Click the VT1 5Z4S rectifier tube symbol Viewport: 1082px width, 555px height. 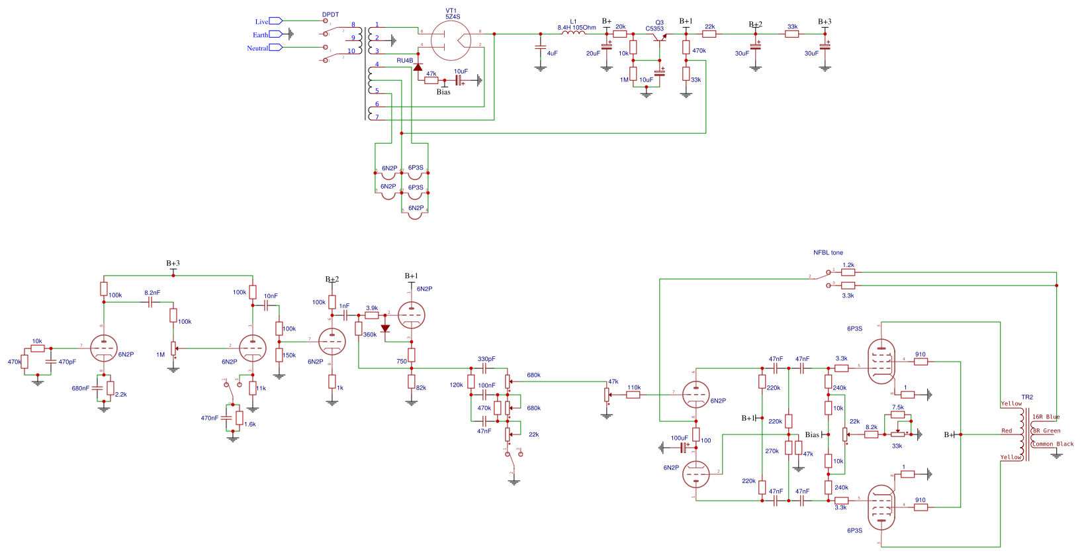pos(451,40)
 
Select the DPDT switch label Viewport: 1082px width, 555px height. pos(330,15)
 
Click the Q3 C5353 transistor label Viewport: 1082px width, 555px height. pos(655,26)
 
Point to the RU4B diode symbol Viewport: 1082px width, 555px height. pos(418,68)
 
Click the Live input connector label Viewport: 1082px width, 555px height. pos(262,22)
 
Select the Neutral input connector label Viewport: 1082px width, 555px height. pos(257,48)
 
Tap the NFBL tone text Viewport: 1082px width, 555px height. pos(828,252)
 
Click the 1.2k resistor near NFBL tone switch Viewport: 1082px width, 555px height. pos(848,272)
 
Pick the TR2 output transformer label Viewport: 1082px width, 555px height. pos(1027,397)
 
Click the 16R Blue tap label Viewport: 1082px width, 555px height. pos(1046,417)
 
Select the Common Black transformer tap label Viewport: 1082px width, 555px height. pos(1053,444)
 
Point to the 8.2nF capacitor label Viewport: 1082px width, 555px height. pos(152,293)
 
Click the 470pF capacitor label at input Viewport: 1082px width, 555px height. pos(67,362)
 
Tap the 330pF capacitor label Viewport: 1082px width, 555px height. pos(486,359)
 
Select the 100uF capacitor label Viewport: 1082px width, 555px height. pos(679,438)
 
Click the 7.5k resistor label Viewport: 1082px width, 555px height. pos(897,407)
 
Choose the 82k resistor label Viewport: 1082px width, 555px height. pos(421,388)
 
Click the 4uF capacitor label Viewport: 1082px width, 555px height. pos(552,54)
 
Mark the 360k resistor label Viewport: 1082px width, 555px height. pos(369,334)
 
